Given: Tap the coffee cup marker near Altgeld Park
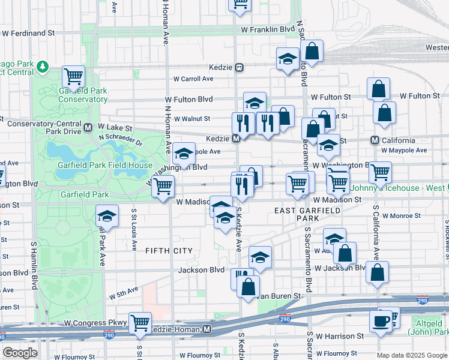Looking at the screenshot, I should click(x=381, y=321).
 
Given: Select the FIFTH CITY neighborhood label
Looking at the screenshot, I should click(x=169, y=251).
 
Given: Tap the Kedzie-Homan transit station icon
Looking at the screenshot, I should click(x=207, y=329).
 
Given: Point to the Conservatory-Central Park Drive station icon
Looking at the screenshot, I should click(x=88, y=127).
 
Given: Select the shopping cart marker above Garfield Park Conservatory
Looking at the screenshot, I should click(x=74, y=77).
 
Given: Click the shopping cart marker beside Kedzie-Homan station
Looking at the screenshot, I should click(x=140, y=322).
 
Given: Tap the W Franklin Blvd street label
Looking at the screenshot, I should click(x=268, y=29).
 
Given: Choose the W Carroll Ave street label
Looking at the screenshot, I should click(x=193, y=79).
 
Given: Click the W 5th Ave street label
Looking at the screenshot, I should click(x=124, y=294).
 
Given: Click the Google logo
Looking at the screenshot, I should click(x=20, y=352).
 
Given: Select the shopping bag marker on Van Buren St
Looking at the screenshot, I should click(x=248, y=286).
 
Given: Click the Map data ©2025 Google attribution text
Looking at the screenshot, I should click(x=411, y=355).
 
